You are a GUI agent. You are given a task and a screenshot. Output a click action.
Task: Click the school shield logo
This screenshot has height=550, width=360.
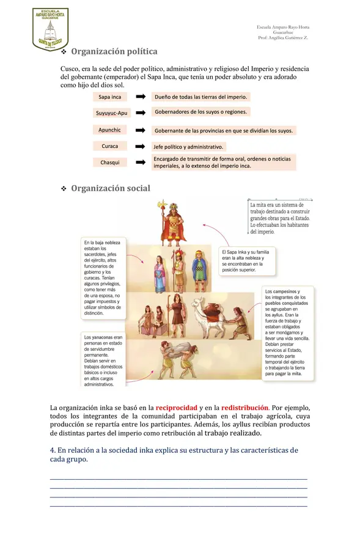[50, 29]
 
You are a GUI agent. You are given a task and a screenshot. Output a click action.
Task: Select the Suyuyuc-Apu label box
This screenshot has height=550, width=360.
[111, 113]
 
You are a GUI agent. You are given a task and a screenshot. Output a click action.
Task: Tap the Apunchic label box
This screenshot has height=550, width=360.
[110, 130]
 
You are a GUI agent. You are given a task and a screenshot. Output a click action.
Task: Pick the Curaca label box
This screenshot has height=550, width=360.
[110, 146]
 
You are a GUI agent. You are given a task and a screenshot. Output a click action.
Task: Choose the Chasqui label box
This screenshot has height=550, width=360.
[110, 163]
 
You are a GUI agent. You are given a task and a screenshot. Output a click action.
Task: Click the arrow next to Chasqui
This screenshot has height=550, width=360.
[140, 163]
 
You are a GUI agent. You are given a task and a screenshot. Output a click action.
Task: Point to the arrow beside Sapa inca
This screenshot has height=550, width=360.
[140, 97]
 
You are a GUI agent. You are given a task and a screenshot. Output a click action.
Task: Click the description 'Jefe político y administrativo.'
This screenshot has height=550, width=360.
[189, 147]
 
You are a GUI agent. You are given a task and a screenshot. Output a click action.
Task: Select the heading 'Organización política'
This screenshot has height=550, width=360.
[114, 52]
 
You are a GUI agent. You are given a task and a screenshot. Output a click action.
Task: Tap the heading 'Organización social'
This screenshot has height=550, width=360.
[110, 188]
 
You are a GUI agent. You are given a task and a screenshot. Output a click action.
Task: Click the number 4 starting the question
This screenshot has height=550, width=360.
[52, 450]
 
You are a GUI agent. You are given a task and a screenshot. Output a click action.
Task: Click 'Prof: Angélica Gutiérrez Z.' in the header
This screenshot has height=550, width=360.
[283, 38]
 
